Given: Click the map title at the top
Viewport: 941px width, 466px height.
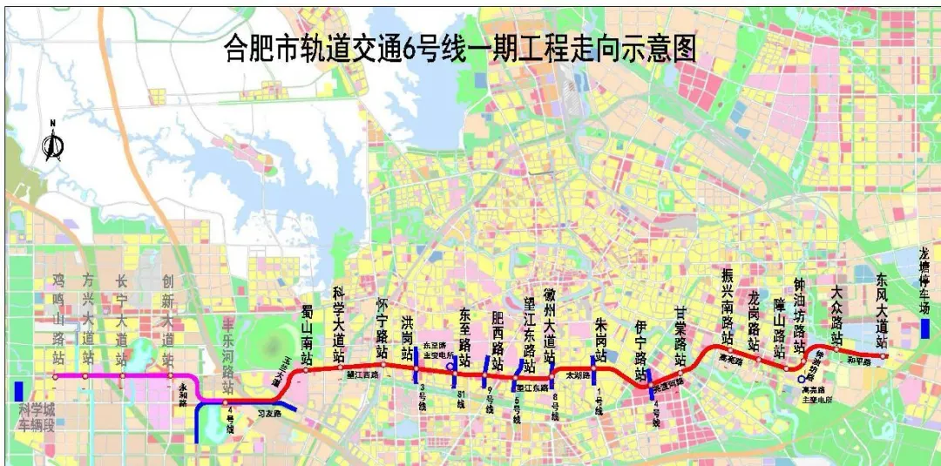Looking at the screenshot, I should pyautogui.click(x=460, y=47).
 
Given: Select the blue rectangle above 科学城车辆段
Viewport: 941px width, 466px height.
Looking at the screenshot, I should pyautogui.click(x=18, y=391).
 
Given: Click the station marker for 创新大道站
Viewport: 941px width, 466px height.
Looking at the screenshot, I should pyautogui.click(x=167, y=376).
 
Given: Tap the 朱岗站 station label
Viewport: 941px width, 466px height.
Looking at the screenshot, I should pyautogui.click(x=599, y=340).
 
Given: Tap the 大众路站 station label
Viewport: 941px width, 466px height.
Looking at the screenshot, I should pyautogui.click(x=837, y=314).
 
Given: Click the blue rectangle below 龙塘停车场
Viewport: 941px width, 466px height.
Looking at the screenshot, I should pyautogui.click(x=924, y=328).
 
